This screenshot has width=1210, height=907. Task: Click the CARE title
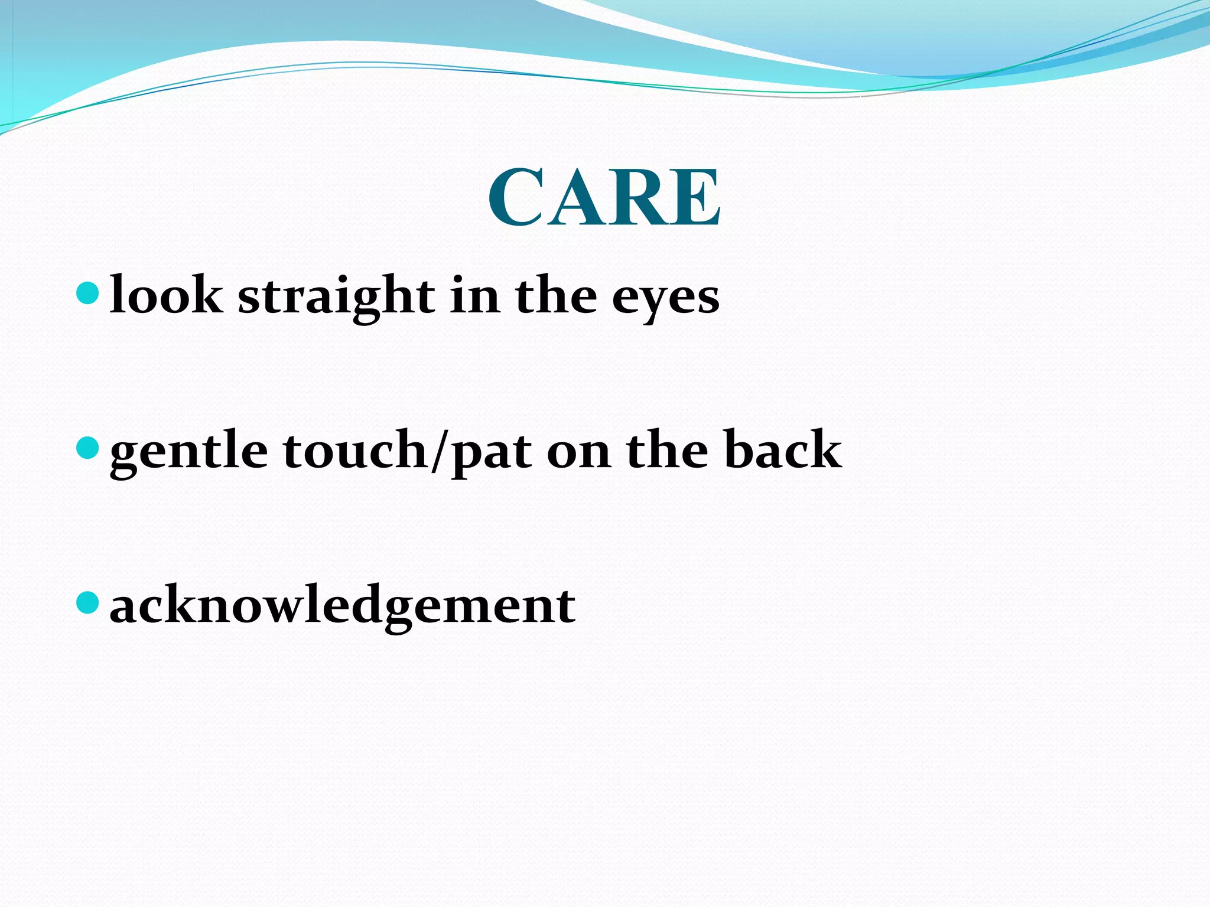tap(604, 197)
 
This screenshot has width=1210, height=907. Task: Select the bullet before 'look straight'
tap(87, 293)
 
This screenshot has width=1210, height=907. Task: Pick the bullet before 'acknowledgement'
tap(87, 603)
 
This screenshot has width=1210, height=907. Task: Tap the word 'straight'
tap(336, 295)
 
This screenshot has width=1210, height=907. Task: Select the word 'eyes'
tap(665, 298)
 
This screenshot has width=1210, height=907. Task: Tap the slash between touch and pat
tap(438, 452)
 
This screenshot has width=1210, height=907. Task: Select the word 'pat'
tap(491, 453)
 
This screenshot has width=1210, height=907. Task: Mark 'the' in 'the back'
tap(667, 449)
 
